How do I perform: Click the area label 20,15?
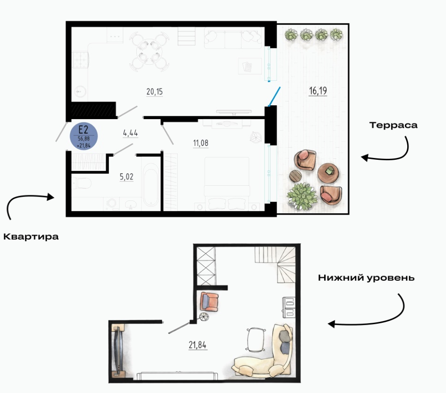[x=155, y=91]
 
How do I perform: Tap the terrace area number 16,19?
[x=318, y=91]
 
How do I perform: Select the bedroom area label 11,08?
[x=200, y=143]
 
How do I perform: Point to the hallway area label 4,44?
[x=130, y=133]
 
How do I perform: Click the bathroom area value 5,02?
[x=127, y=177]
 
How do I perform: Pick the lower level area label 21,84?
[x=198, y=345]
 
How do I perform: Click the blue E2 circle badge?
[x=84, y=136]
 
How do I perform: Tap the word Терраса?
[x=393, y=125]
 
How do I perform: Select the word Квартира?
[x=31, y=236]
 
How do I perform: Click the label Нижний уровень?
[x=366, y=278]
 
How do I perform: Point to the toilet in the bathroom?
[x=82, y=183]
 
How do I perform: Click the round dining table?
[x=149, y=52]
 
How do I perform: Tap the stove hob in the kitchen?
[x=80, y=60]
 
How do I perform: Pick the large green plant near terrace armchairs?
[x=302, y=196]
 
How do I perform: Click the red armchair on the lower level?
[x=209, y=302]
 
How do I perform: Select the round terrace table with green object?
[x=328, y=172]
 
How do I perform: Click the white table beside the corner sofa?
[x=256, y=340]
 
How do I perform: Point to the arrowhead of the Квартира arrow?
[x=51, y=197]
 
